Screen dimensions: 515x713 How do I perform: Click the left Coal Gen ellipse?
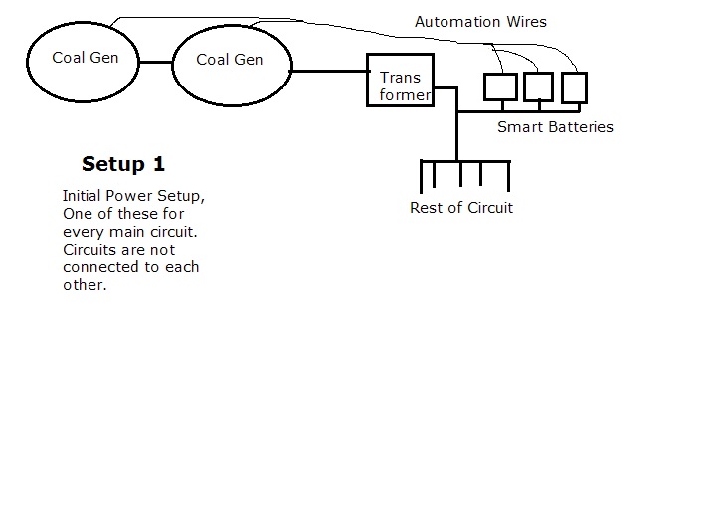85,59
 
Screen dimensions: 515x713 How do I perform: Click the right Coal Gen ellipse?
232,61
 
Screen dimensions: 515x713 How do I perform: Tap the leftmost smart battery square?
499,86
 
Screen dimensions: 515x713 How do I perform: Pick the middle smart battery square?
537,87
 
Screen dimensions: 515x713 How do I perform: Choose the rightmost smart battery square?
574,87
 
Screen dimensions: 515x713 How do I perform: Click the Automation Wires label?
480,21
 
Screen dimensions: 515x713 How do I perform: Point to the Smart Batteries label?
555,127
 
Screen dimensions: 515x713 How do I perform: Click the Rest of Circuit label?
461,208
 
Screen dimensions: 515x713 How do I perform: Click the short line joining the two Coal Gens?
155,62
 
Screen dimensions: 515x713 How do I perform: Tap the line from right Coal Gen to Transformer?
330,71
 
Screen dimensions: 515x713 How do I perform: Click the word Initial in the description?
85,196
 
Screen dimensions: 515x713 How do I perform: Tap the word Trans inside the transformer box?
400,78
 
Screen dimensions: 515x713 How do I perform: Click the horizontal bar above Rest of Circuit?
465,161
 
